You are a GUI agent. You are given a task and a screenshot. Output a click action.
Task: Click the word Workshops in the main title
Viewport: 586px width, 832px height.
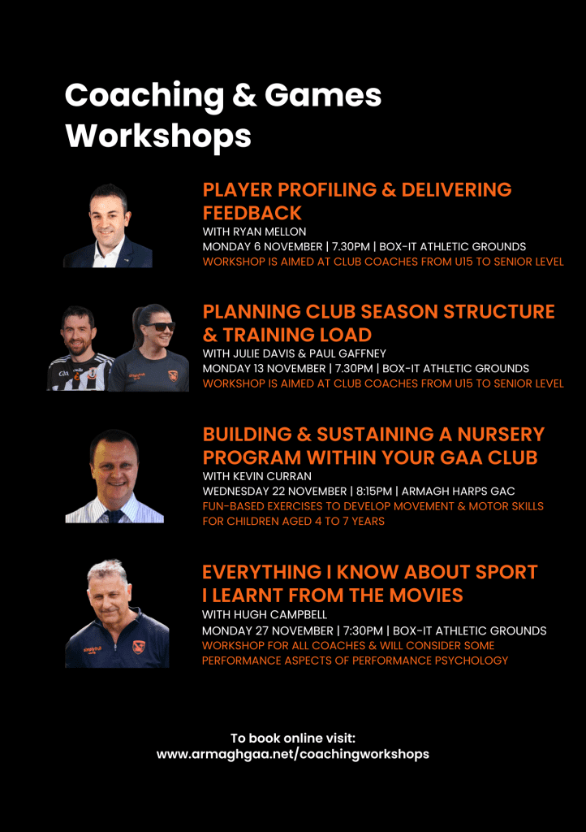[x=158, y=136]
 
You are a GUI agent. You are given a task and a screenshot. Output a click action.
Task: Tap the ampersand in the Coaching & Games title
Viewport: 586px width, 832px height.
[x=243, y=96]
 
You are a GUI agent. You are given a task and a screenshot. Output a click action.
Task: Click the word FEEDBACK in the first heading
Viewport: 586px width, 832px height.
[x=252, y=214]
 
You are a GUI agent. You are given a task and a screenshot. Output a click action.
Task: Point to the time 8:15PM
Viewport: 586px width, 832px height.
[x=374, y=492]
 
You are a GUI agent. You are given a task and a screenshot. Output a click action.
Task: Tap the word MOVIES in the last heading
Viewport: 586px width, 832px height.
[x=427, y=596]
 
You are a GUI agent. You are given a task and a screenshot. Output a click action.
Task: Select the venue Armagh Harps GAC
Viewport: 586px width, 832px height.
[x=459, y=492]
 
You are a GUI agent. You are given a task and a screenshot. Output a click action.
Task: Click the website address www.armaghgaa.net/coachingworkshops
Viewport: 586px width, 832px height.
[x=293, y=755]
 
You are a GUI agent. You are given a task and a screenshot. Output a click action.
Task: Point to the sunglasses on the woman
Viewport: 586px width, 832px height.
[x=158, y=327]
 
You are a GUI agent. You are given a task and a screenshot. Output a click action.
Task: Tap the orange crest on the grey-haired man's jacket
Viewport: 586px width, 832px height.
[x=138, y=648]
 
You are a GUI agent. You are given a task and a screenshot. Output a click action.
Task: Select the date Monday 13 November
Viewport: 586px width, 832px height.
[x=265, y=369]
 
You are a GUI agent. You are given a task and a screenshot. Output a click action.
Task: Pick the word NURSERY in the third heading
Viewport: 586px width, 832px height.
[x=501, y=435]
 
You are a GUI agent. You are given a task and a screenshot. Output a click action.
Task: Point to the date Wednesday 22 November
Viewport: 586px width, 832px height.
[x=274, y=492]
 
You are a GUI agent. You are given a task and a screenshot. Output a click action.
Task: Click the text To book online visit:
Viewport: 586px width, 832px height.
[x=293, y=738]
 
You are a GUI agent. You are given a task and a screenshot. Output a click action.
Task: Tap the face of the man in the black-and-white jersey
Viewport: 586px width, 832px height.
[x=79, y=332]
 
